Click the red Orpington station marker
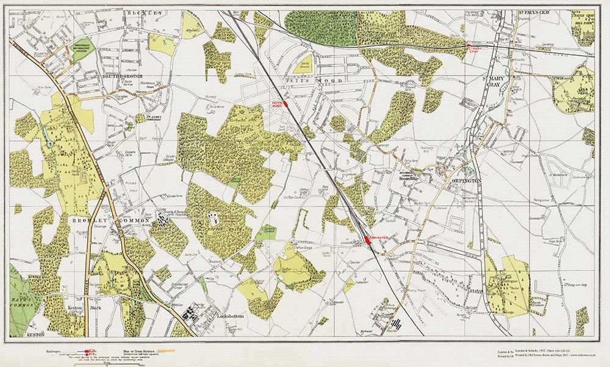tap(368, 241)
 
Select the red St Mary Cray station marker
tap(468, 46)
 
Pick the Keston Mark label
tap(84, 308)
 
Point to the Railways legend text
tap(57, 351)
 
